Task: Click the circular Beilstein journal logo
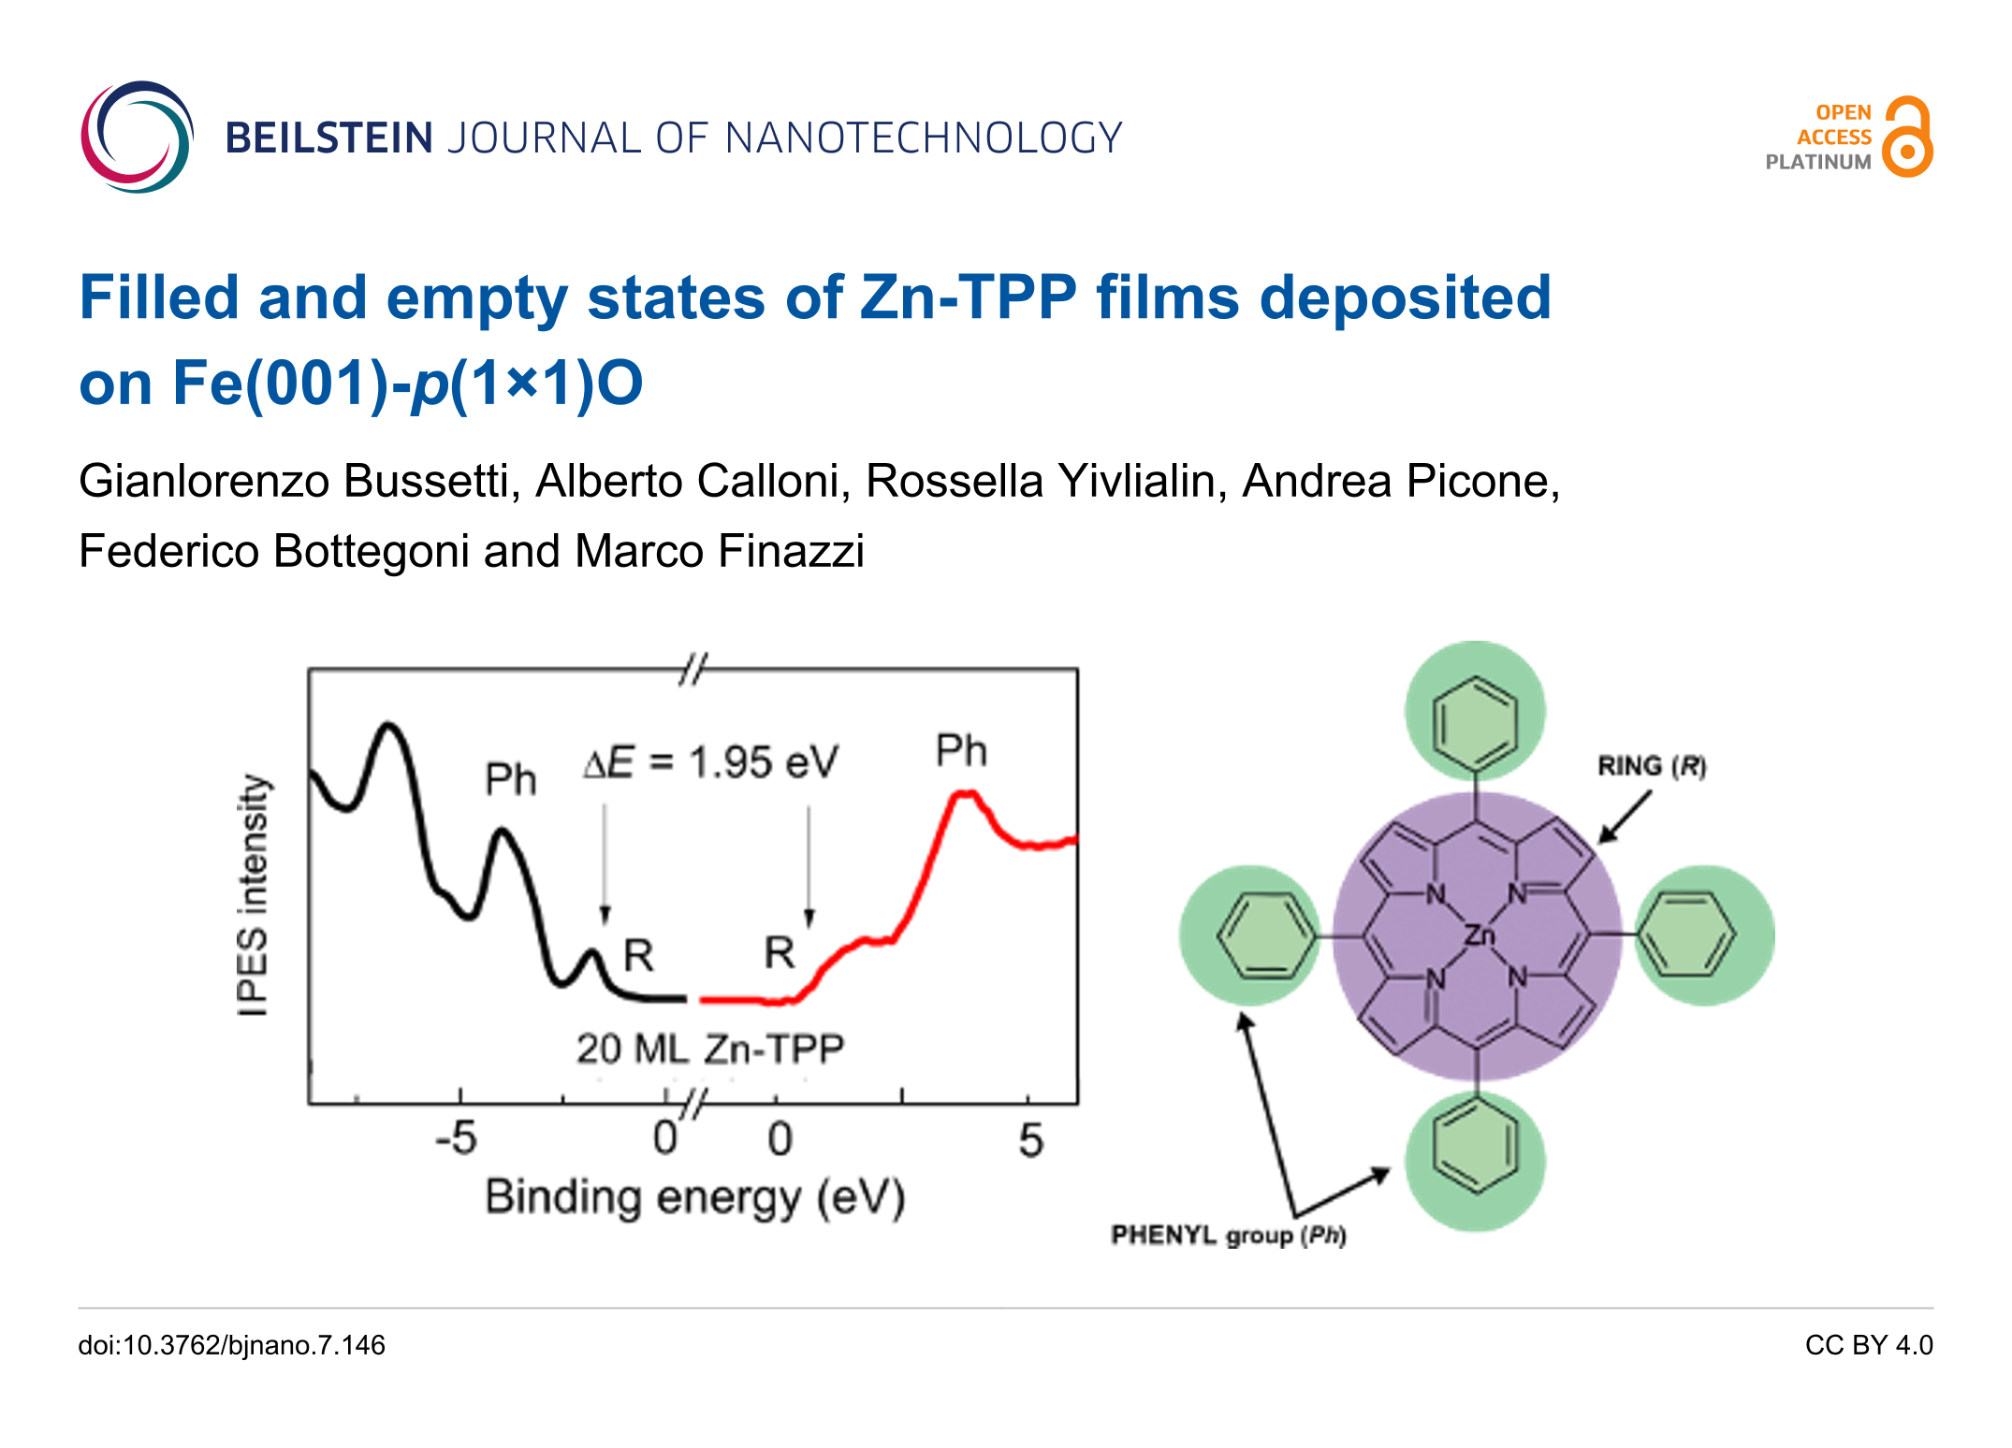138,137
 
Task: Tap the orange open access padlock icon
1908,137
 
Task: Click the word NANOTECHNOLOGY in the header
924,138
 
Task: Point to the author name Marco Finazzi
719,550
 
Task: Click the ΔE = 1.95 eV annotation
711,762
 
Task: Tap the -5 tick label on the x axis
456,1139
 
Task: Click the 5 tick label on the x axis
1030,1140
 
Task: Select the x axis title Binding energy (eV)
695,1198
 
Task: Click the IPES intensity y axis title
253,894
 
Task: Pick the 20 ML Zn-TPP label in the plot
710,1049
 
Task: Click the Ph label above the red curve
961,750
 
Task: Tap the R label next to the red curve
780,952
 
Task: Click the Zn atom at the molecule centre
1480,934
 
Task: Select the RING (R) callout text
1652,766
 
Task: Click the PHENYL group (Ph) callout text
1229,1236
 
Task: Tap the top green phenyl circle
1476,711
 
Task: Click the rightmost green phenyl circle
1705,934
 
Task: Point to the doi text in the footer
232,1345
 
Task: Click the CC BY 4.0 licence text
1869,1345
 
